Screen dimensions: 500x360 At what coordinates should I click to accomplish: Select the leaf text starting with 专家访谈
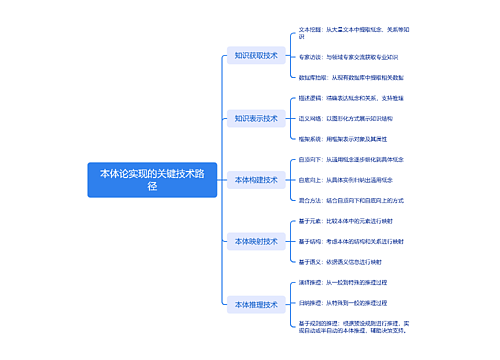349,56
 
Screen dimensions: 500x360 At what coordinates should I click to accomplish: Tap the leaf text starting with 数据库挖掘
351,77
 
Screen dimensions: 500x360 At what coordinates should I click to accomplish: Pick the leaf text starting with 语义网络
350,118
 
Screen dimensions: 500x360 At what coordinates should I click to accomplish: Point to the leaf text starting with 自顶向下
350,159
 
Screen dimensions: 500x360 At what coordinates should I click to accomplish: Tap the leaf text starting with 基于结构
351,241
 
